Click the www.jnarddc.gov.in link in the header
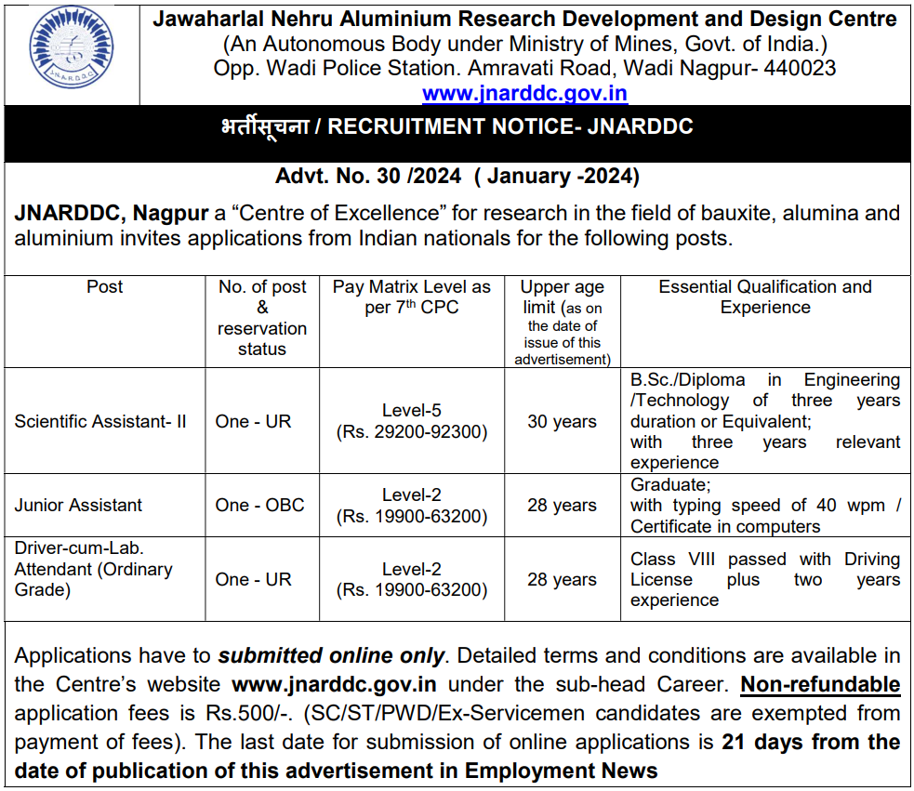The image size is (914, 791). tap(524, 93)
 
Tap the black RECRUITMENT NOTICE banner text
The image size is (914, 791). tap(457, 127)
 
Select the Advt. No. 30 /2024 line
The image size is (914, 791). tap(457, 177)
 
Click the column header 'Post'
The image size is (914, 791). tap(104, 287)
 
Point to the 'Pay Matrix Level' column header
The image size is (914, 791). tap(411, 297)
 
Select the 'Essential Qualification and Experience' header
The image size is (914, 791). tap(764, 297)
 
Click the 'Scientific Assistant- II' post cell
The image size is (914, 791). tap(100, 421)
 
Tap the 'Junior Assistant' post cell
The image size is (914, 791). tap(78, 505)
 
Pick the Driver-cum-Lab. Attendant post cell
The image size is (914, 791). tap(93, 569)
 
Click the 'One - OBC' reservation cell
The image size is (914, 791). tap(259, 505)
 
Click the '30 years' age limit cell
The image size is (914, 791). tap(562, 421)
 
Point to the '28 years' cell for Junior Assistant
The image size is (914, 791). tap(562, 505)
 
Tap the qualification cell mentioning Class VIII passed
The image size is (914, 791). tap(764, 579)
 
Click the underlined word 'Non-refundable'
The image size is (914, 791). tap(819, 685)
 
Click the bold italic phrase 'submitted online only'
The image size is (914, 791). tap(331, 655)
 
